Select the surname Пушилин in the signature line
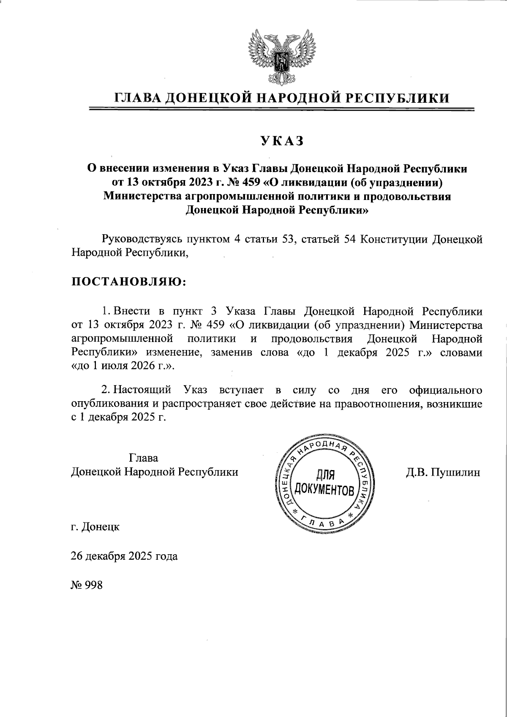(454, 472)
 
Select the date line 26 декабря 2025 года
(124, 556)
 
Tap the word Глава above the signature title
(144, 458)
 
